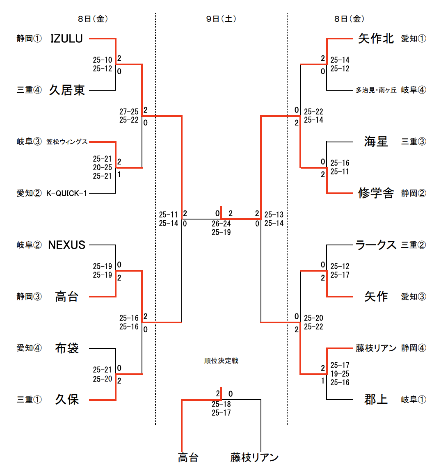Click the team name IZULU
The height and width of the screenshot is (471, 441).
click(66, 39)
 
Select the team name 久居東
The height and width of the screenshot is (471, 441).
click(67, 90)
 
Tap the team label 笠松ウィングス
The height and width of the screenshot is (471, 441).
click(67, 142)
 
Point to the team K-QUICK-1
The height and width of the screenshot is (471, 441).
click(66, 193)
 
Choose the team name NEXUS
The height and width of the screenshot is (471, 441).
click(66, 245)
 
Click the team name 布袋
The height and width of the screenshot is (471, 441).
click(66, 348)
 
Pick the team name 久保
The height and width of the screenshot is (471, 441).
click(66, 400)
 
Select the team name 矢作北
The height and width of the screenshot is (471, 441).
click(376, 39)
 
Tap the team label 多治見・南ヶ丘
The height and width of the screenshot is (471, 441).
click(376, 90)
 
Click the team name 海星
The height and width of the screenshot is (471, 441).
click(376, 142)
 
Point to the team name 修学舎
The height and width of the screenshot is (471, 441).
click(376, 193)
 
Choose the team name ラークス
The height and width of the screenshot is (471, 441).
click(376, 245)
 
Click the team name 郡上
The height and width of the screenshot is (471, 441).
click(376, 400)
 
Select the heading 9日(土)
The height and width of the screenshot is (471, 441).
click(221, 19)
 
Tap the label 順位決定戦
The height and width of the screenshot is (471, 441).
click(221, 361)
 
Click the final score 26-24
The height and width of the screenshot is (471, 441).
click(221, 224)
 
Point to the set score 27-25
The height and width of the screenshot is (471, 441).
click(129, 112)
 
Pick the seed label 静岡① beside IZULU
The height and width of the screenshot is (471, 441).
click(29, 39)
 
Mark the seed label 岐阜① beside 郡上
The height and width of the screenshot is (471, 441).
click(414, 400)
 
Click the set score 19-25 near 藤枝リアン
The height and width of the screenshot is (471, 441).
click(340, 374)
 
